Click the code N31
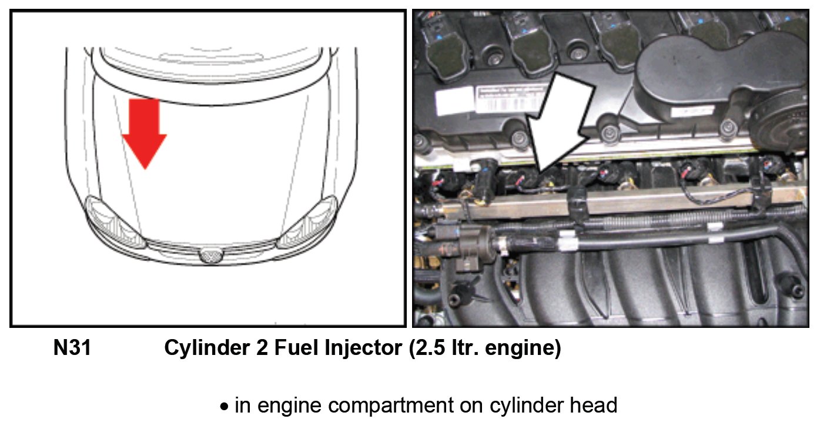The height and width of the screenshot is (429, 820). (72, 348)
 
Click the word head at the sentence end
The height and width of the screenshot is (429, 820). (595, 405)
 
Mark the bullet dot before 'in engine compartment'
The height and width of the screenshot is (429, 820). (224, 407)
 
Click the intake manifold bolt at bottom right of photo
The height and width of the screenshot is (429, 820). (797, 291)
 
